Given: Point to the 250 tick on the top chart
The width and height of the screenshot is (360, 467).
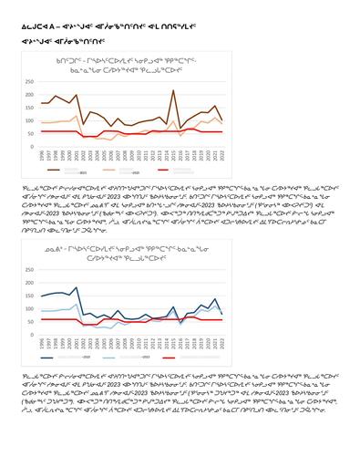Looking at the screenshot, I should point(33,80).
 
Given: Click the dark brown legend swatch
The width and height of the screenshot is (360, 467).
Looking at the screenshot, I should point(55,170).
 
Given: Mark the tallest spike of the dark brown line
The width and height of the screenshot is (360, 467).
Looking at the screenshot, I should point(173,90).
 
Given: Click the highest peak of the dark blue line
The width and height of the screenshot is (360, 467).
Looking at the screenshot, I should point(76,287).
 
